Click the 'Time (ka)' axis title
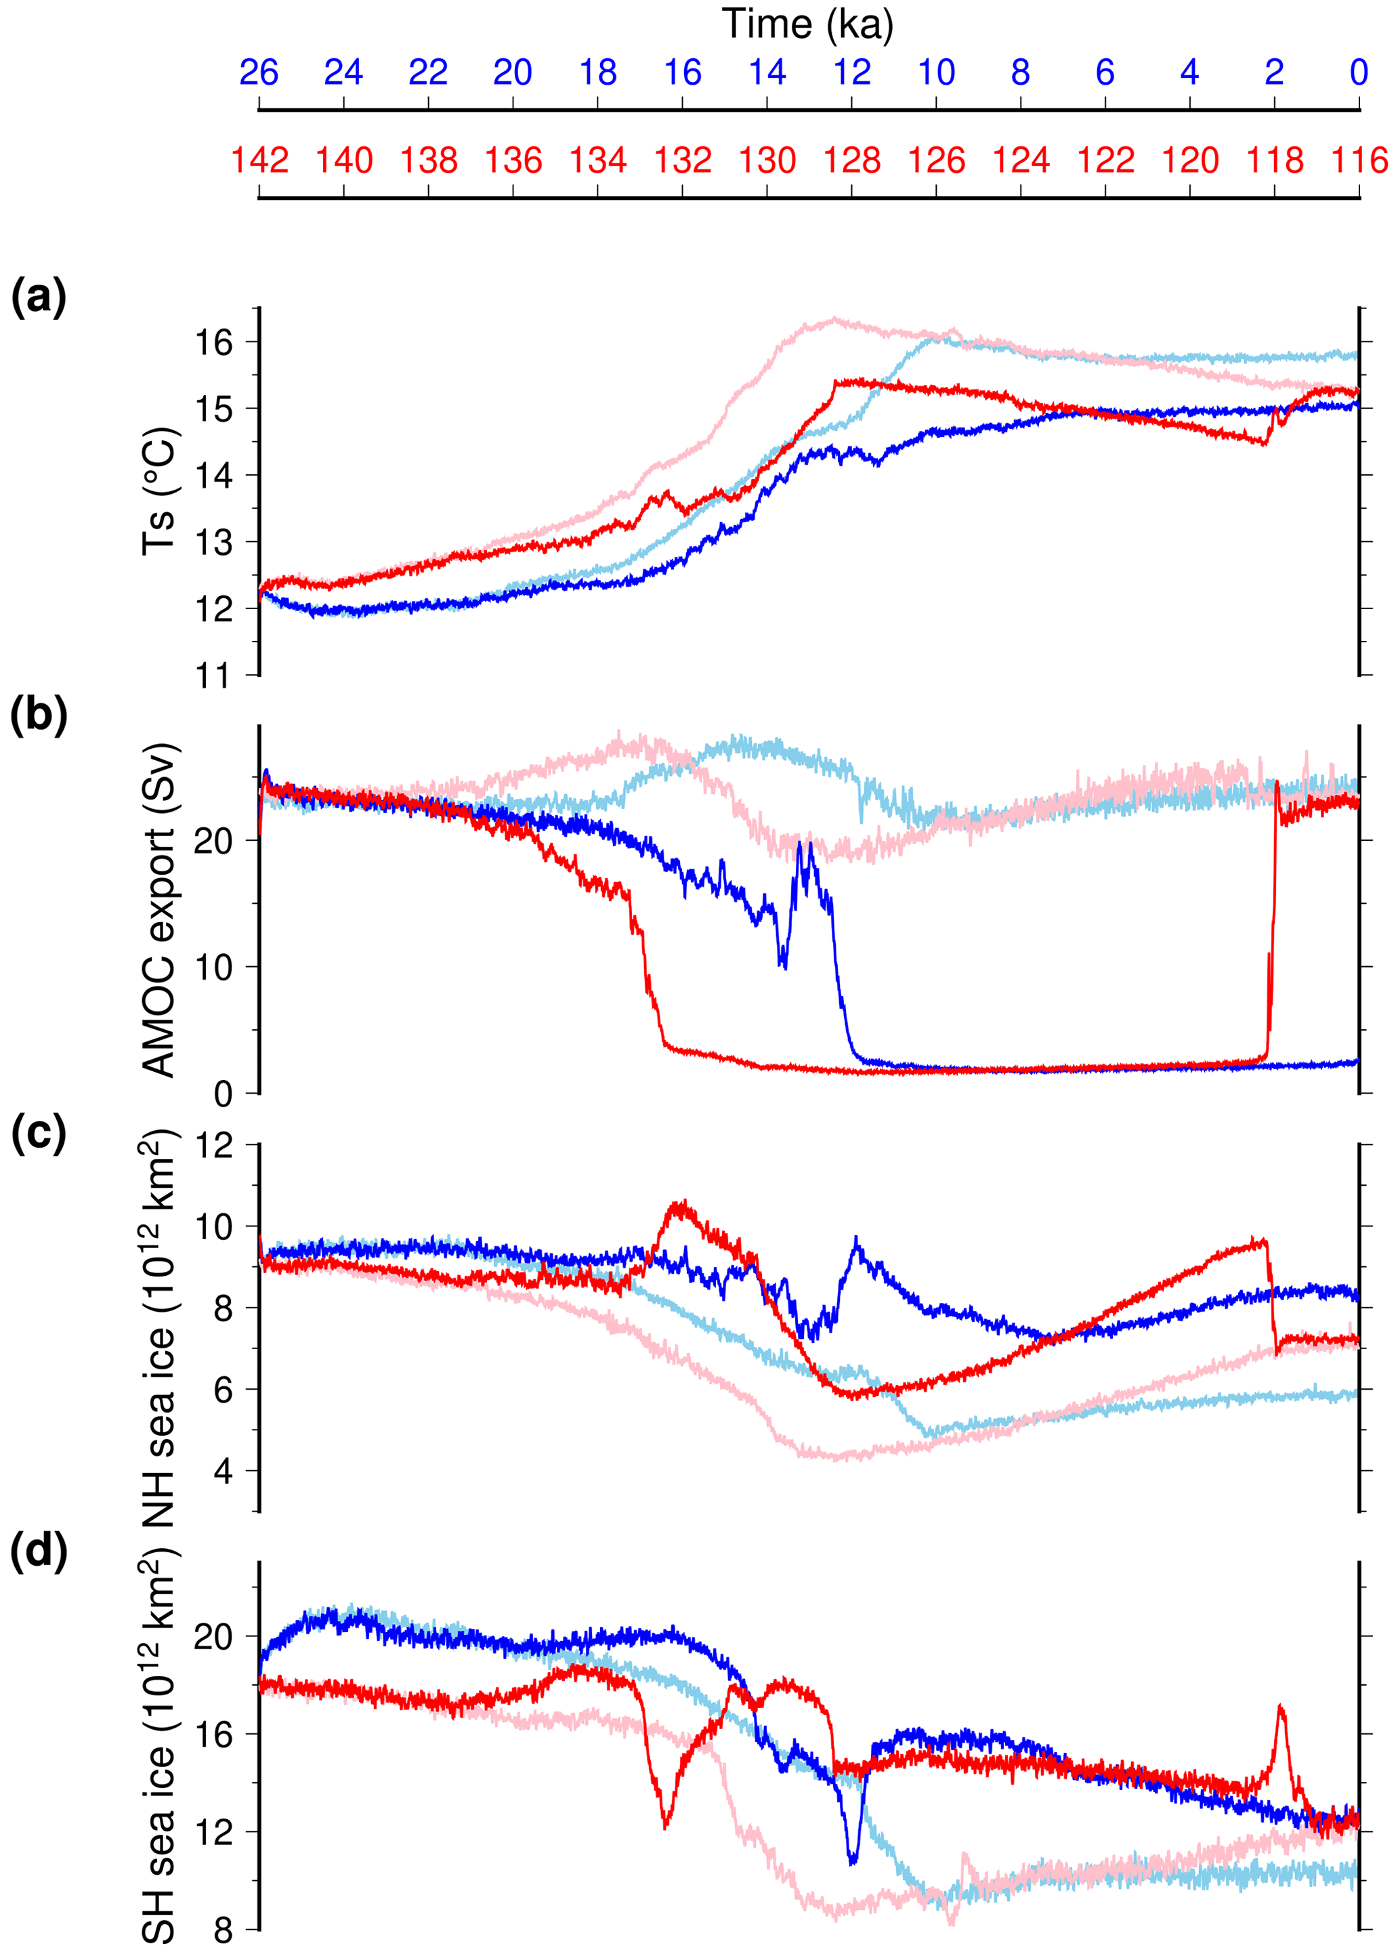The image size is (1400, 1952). [x=807, y=24]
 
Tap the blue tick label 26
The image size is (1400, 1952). [x=258, y=72]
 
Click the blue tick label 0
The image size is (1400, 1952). [x=1359, y=72]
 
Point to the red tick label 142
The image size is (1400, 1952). [x=259, y=161]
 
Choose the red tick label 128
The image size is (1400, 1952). [x=852, y=161]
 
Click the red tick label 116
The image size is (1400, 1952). [x=1359, y=161]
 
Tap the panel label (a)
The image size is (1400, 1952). [x=38, y=298]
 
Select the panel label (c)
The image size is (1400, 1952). [x=38, y=1134]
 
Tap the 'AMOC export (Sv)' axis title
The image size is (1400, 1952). [x=160, y=910]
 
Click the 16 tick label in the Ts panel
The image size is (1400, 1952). [x=213, y=343]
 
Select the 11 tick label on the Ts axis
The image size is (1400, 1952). [x=213, y=676]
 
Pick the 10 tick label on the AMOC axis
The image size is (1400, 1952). [x=213, y=968]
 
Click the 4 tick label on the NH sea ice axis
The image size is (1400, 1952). [x=223, y=1471]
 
